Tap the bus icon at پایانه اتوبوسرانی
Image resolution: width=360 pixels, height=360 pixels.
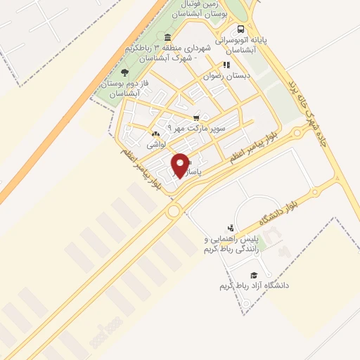point(241,30)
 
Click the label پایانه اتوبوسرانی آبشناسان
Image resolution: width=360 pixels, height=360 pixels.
point(242,46)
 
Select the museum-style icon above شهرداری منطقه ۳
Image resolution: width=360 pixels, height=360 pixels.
point(167,37)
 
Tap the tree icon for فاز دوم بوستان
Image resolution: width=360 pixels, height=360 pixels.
point(125,72)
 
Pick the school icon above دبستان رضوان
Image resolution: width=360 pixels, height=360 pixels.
point(226,65)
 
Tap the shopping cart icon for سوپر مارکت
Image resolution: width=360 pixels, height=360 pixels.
point(196,117)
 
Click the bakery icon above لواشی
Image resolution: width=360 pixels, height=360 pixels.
point(155,133)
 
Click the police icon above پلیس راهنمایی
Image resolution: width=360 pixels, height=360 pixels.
point(229,228)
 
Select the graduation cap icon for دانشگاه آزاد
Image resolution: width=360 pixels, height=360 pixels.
point(254,275)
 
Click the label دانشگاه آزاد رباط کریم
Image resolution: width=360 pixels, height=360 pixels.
point(254,286)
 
